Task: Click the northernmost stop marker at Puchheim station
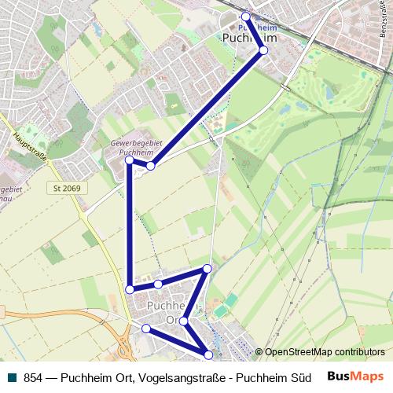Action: click(x=245, y=16)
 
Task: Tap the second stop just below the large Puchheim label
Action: click(x=263, y=50)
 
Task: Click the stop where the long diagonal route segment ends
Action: click(x=150, y=166)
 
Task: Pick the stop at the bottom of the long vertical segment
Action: click(x=130, y=290)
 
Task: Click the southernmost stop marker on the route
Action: click(x=208, y=354)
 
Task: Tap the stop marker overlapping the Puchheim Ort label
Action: click(x=183, y=321)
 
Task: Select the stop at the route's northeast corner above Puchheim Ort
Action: click(x=208, y=269)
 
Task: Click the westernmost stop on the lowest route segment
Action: click(x=145, y=329)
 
